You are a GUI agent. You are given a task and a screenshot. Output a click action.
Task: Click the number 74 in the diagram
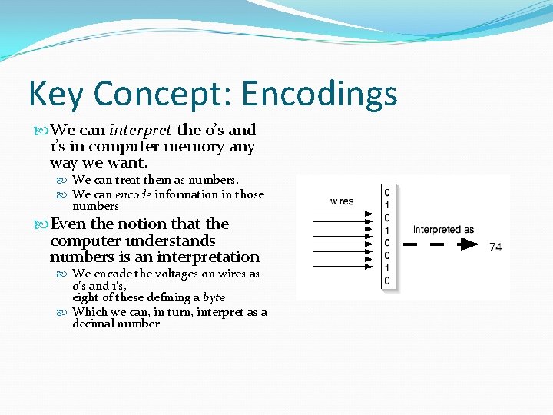(495, 247)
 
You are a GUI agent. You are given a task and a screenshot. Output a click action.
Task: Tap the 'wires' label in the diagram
(342, 201)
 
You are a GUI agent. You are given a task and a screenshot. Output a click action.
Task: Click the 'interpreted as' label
(443, 229)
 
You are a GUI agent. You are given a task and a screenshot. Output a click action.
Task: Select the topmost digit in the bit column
(387, 192)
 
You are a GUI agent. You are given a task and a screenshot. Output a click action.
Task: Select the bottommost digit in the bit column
(387, 281)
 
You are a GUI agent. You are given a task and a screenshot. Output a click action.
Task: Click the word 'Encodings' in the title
(319, 95)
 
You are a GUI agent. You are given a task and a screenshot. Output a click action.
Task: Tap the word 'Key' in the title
(58, 95)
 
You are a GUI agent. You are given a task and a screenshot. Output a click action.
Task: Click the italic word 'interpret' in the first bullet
(140, 130)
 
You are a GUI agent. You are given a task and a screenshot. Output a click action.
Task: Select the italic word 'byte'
(213, 297)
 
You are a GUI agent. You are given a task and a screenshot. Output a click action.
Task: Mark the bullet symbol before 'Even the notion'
(41, 224)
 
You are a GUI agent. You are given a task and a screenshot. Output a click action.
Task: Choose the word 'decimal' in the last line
(94, 324)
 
